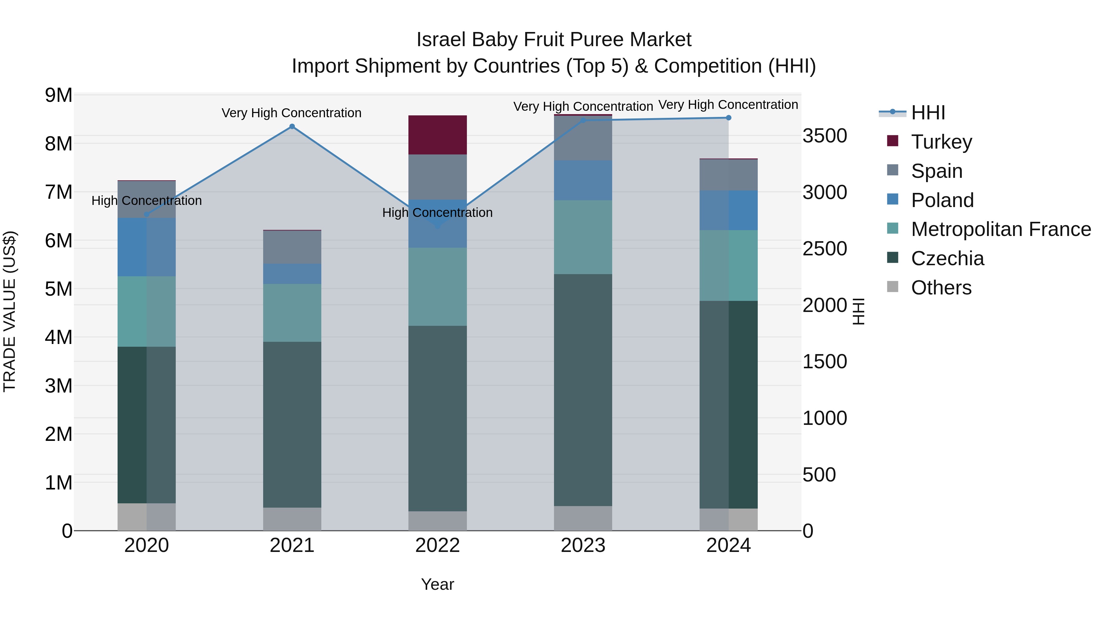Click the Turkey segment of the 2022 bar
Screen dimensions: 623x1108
437,134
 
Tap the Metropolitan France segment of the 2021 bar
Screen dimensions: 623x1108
292,313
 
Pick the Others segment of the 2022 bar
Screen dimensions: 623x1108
437,521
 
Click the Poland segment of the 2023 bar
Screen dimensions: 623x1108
583,180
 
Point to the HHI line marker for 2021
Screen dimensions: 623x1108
292,126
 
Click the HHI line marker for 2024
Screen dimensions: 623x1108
728,118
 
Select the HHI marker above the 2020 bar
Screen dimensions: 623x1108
147,214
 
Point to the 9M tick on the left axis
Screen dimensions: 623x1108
58,95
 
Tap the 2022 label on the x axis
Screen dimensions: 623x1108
437,545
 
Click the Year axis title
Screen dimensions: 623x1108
437,584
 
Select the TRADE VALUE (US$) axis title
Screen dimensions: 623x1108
10,311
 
